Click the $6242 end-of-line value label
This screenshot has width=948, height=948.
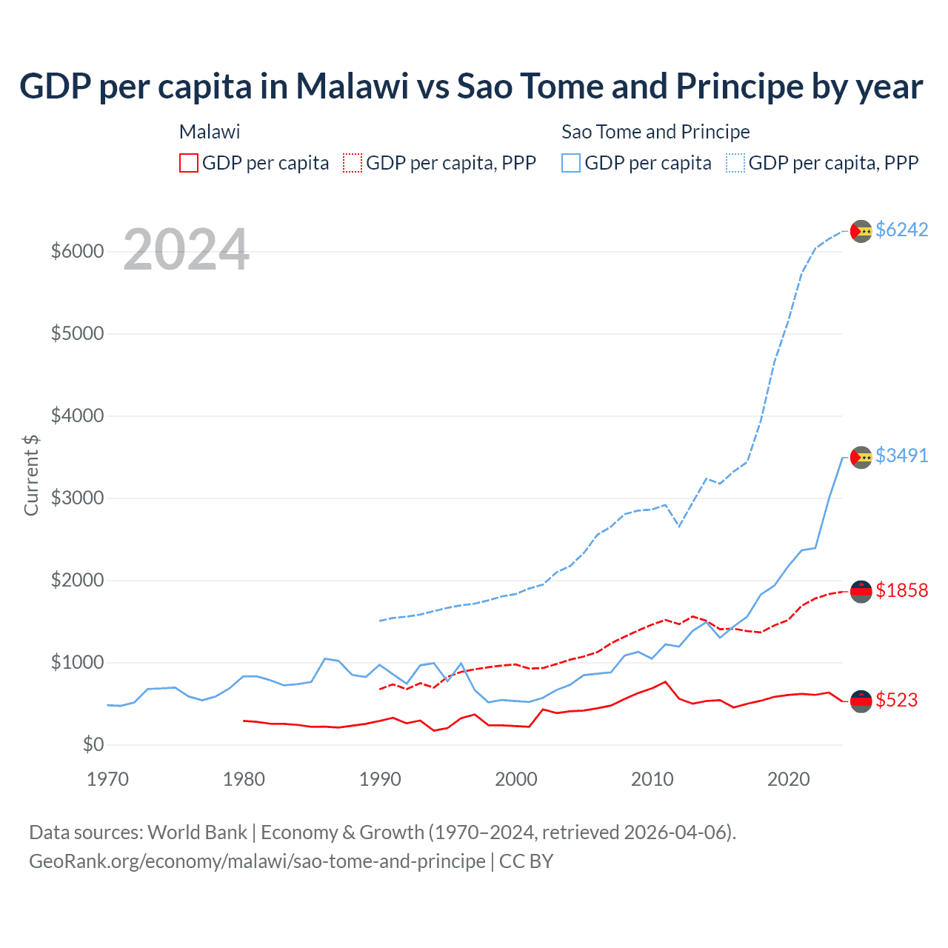click(901, 230)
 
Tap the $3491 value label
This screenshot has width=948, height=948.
click(901, 455)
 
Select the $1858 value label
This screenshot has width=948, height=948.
click(901, 590)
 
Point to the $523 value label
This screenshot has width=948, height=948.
click(896, 700)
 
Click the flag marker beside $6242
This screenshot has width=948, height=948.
click(861, 231)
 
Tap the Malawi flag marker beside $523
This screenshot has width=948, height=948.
click(861, 700)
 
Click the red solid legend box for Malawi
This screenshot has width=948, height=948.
click(189, 163)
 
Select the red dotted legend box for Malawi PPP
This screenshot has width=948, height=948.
click(353, 163)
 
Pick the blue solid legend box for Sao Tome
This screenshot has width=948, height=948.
click(571, 163)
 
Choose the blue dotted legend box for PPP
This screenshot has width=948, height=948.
click(735, 163)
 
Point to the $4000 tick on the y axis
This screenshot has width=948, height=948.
click(77, 416)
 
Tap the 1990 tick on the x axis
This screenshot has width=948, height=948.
click(380, 779)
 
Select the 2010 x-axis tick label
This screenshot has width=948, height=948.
click(652, 779)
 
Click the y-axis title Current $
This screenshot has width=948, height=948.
click(31, 475)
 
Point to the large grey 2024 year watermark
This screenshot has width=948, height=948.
click(186, 250)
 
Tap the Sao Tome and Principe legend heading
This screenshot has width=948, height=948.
click(655, 132)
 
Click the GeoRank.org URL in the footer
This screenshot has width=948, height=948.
click(257, 861)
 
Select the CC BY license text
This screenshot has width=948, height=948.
click(526, 861)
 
